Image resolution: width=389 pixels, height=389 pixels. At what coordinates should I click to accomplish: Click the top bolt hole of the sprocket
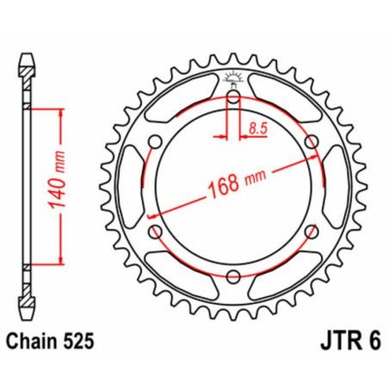point(233,98)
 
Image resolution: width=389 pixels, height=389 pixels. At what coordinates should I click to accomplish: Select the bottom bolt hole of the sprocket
point(233,275)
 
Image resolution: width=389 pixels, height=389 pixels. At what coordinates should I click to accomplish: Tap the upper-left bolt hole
point(156,143)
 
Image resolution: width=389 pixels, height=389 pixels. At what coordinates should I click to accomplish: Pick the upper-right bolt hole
point(311,143)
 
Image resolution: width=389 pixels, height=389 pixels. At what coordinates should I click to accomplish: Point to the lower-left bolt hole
point(156,232)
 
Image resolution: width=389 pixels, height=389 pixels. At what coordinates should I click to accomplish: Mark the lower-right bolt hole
point(311,232)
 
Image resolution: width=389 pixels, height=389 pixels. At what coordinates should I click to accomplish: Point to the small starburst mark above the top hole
point(233,82)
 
